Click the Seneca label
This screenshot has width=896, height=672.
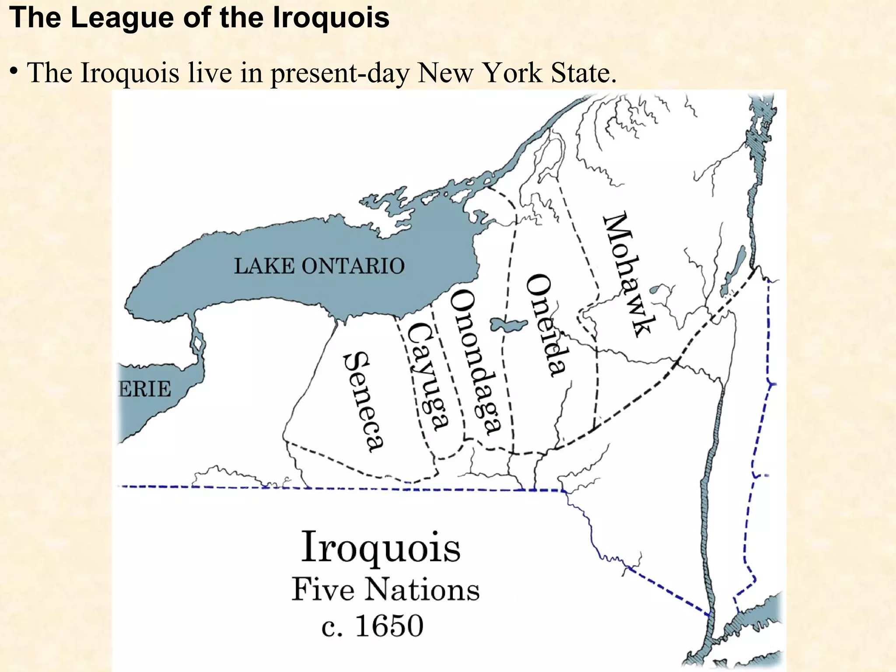coord(363,402)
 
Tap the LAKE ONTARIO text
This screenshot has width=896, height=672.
coord(319,266)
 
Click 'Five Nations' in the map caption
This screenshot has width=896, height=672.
coord(385,590)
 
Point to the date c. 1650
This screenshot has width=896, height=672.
coord(372,626)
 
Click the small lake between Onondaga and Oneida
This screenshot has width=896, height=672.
coord(508,325)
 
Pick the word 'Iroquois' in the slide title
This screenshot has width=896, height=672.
coord(331,18)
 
